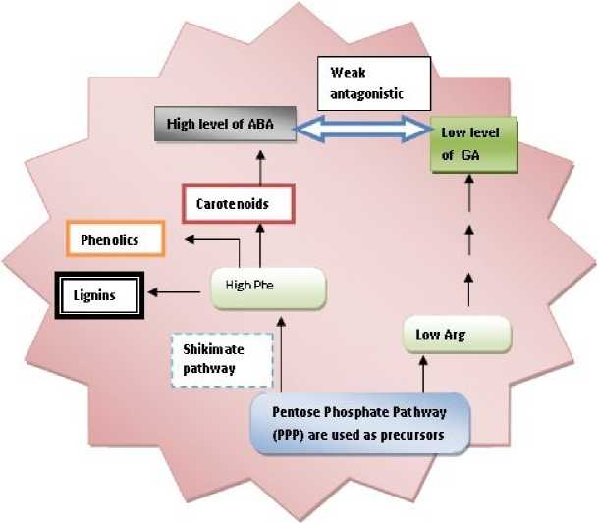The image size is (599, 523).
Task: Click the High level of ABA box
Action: [211, 125]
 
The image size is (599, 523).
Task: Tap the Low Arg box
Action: [457, 335]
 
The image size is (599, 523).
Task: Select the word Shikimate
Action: [213, 349]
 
